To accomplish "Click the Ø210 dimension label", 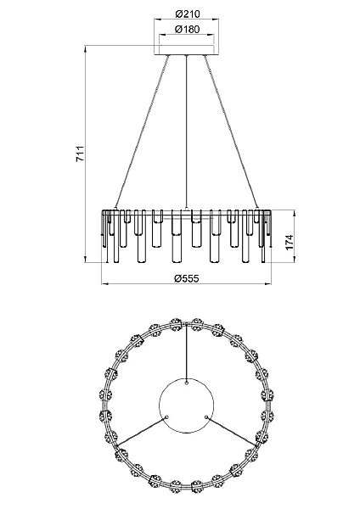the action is [x=188, y=14].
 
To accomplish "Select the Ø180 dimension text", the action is [x=187, y=29].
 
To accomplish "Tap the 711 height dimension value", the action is [x=80, y=154].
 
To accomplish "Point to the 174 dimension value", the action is [x=289, y=242].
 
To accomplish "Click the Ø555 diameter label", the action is [x=186, y=278].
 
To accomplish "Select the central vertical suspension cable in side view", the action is [x=186, y=131].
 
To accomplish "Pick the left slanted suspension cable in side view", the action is [x=142, y=131].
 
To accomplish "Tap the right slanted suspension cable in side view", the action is [x=231, y=131].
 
